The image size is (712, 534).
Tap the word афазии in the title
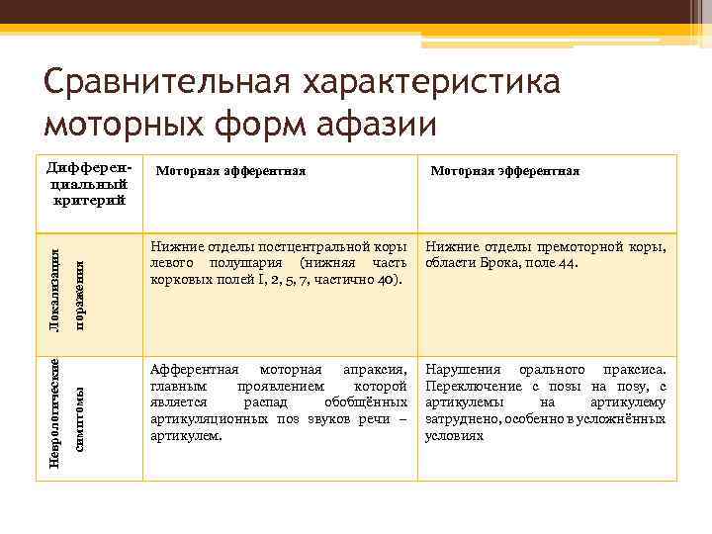click(x=380, y=126)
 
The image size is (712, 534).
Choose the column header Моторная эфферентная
click(x=504, y=171)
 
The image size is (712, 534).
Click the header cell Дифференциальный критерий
click(x=88, y=179)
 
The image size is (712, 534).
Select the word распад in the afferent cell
click(x=261, y=401)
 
